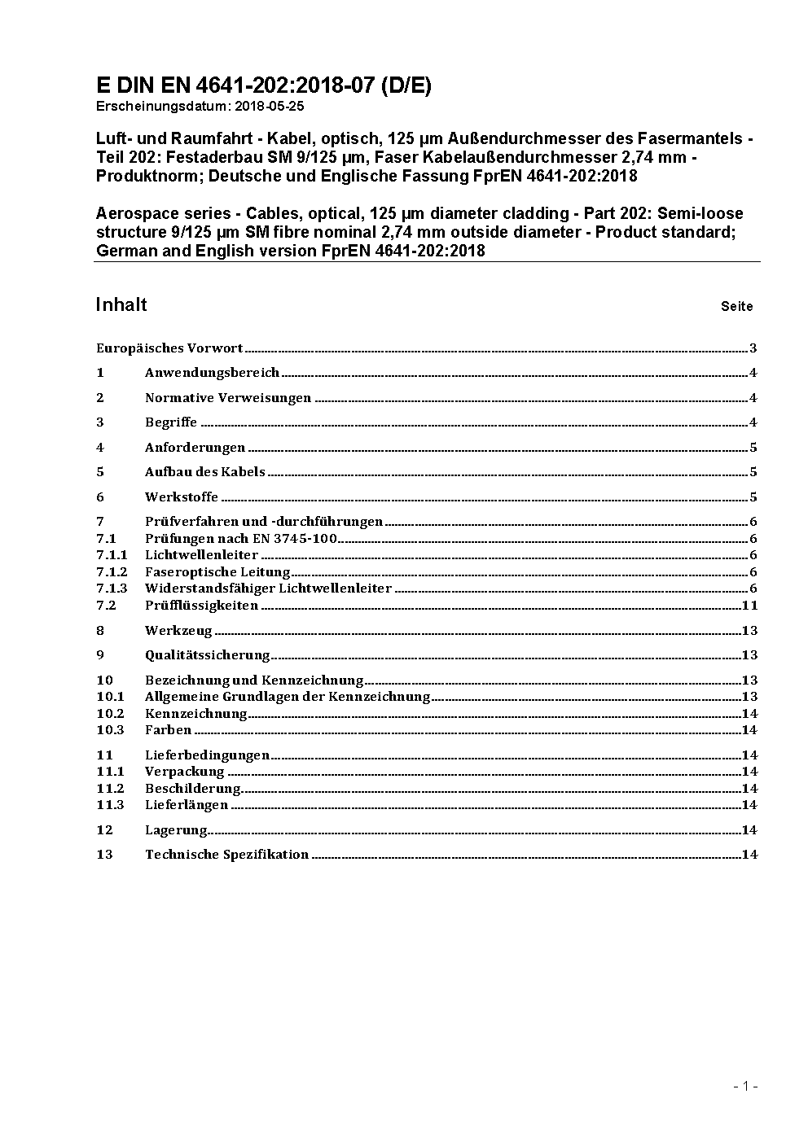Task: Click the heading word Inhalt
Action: click(x=121, y=304)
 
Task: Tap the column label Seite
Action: click(x=736, y=307)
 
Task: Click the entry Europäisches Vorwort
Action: click(x=169, y=348)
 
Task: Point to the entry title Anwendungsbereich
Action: click(x=212, y=373)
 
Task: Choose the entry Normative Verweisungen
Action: click(x=228, y=398)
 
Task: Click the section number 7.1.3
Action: click(x=112, y=589)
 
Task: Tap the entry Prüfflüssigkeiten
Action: click(x=201, y=606)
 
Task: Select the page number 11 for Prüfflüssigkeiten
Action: click(x=750, y=606)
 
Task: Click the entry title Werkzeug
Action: click(x=178, y=631)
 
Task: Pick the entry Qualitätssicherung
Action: click(x=207, y=655)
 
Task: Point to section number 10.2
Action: click(x=110, y=714)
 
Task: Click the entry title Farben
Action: click(x=168, y=730)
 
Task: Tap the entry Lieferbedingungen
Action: click(x=207, y=755)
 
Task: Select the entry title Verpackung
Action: click(x=184, y=772)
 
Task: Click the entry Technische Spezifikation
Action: click(x=226, y=855)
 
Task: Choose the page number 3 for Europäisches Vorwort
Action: click(x=753, y=348)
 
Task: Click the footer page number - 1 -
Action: click(x=745, y=1086)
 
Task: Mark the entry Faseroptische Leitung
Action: click(x=217, y=572)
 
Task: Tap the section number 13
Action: click(x=104, y=855)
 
